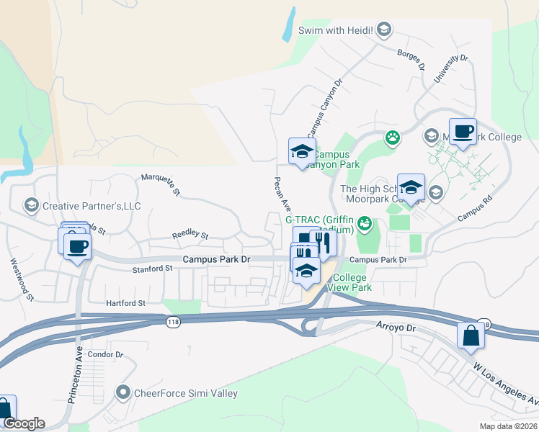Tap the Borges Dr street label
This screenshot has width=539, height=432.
point(411,59)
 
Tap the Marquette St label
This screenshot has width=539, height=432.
point(161,184)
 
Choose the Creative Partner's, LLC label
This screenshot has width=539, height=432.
point(92,206)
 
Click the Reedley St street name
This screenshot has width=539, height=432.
point(190,235)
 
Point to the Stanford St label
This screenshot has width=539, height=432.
point(153,268)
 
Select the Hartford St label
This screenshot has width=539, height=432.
point(125,303)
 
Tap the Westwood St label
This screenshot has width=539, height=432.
point(22,279)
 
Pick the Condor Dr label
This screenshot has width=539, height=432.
point(105,354)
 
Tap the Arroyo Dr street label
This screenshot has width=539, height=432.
point(396,328)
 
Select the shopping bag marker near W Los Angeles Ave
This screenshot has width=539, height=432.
point(471,336)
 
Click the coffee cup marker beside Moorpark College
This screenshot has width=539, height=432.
point(463,132)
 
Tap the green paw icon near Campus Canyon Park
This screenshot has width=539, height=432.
point(392,138)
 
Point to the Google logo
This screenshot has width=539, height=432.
point(24,423)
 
